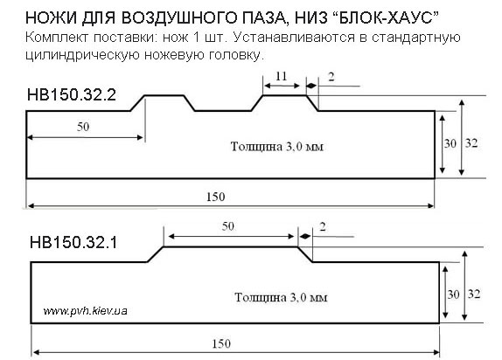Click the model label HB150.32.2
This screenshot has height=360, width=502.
tap(72, 94)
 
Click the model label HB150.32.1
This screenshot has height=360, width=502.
tap(73, 242)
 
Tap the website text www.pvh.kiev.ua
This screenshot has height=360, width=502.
tap(86, 311)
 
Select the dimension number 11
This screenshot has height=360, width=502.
tap(281, 76)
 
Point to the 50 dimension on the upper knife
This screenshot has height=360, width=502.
tap(83, 127)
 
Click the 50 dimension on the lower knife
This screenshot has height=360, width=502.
tap(228, 226)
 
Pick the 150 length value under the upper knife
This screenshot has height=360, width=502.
tap(215, 197)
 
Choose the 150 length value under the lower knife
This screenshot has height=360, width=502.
tap(221, 343)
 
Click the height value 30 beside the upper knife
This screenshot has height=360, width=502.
tap(450, 143)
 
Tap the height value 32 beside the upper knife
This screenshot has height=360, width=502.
tap(471, 143)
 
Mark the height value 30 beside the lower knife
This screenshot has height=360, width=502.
tap(453, 294)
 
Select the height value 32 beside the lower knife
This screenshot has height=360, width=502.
tap(474, 294)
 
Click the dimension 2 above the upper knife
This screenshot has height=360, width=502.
tap(331, 77)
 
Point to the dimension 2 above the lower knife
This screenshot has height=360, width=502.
tap(323, 227)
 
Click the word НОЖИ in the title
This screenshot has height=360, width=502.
tap(52, 18)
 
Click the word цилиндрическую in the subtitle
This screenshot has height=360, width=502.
tap(82, 54)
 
